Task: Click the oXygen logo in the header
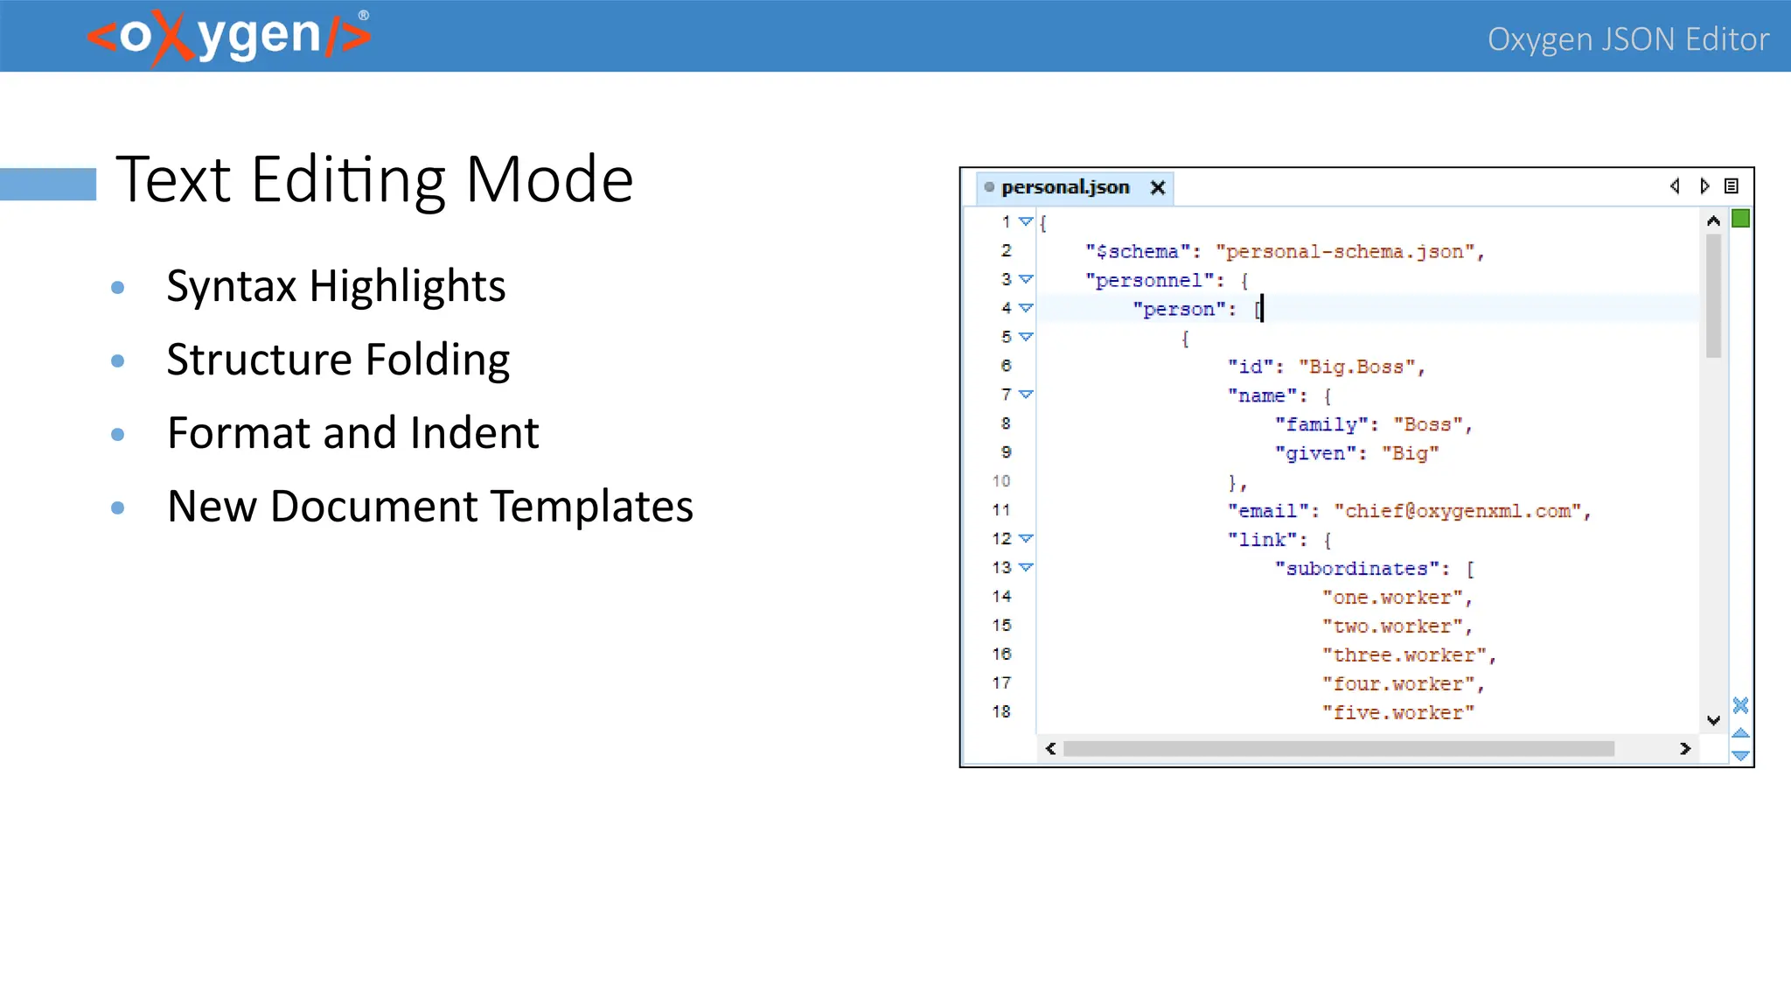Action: [229, 37]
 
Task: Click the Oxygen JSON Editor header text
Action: [1627, 39]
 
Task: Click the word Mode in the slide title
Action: [549, 179]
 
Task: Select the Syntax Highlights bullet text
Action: [336, 286]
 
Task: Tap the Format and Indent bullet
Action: [352, 433]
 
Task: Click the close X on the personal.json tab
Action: [1158, 187]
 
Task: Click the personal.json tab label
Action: [1065, 187]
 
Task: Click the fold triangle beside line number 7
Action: [1027, 395]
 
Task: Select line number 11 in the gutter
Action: [1001, 510]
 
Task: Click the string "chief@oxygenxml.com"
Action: [1458, 511]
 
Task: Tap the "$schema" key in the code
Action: [1137, 252]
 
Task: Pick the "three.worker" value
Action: [1404, 655]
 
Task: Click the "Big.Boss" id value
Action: [1356, 367]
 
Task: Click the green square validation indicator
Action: [1740, 219]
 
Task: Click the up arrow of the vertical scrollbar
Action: [1713, 221]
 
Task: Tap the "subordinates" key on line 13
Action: [1355, 569]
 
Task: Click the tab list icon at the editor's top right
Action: [1732, 186]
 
